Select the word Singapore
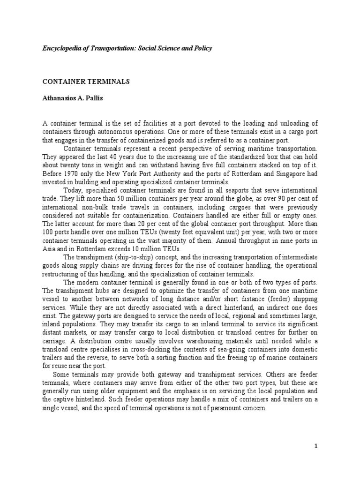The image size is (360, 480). pyautogui.click(x=279, y=174)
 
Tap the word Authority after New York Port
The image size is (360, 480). pyautogui.click(x=166, y=174)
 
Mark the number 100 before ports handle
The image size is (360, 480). pyautogui.click(x=48, y=232)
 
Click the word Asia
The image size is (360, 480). pyautogui.click(x=49, y=248)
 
